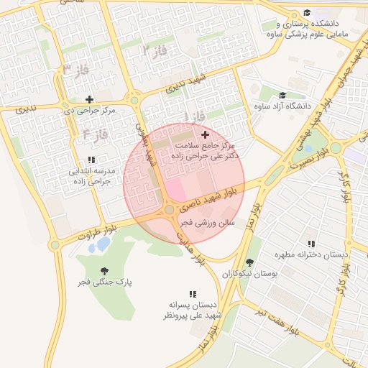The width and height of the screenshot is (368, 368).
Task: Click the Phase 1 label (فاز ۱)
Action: tap(195, 116)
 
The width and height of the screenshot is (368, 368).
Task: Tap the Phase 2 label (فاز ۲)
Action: tap(154, 50)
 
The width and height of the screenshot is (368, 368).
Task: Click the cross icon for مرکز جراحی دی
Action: tap(89, 99)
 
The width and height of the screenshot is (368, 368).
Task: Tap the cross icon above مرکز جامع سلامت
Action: tap(206, 134)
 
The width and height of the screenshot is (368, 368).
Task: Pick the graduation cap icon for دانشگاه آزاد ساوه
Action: tap(282, 95)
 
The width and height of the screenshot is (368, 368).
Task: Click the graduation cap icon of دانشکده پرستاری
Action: tap(307, 13)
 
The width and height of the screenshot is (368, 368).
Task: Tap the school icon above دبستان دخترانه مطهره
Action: tap(310, 244)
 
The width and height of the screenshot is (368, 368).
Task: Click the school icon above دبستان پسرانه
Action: tap(192, 293)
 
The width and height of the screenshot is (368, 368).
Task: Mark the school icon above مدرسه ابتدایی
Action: tap(91, 160)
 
